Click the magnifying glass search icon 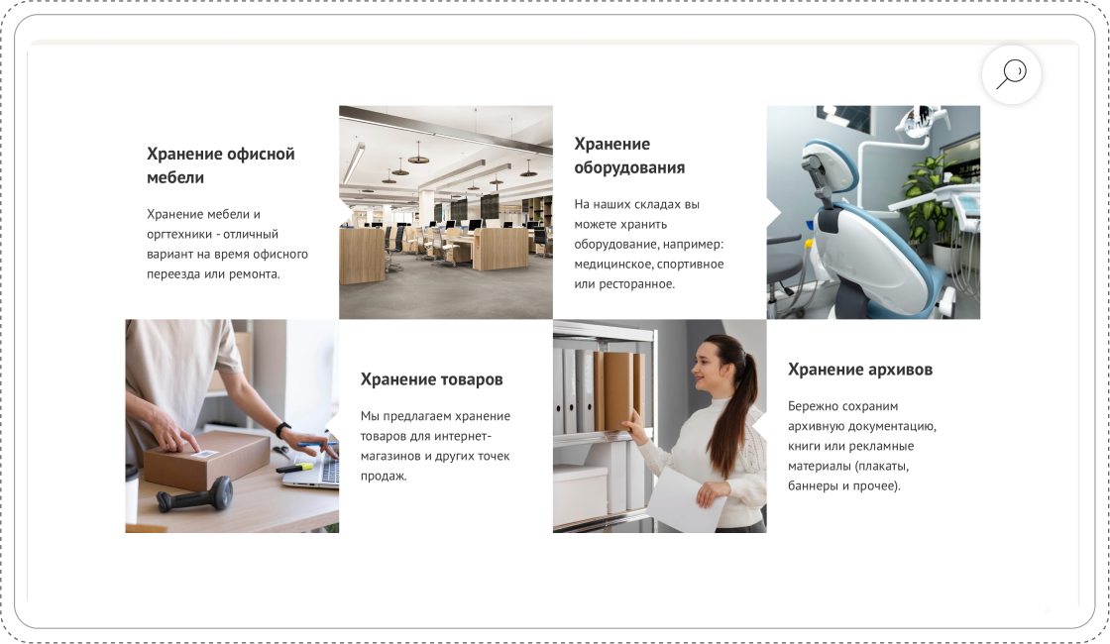point(1012,73)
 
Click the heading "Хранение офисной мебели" point(220,165)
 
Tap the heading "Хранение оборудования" point(629,156)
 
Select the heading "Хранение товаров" point(431,379)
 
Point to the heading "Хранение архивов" point(860,370)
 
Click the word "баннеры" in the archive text point(811,486)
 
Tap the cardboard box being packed point(206,461)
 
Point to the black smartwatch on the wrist point(282,430)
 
